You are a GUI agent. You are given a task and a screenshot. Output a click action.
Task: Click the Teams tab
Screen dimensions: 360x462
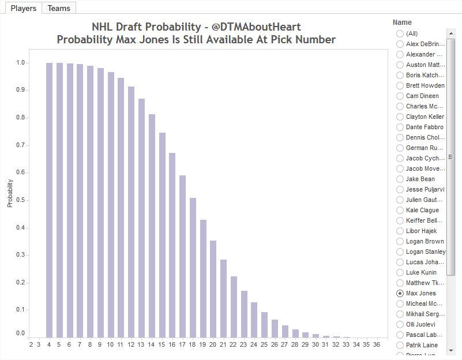click(59, 8)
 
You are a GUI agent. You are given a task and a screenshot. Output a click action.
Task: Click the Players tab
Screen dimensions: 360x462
click(23, 8)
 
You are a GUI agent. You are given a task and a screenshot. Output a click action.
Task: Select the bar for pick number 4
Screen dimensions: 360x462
click(49, 200)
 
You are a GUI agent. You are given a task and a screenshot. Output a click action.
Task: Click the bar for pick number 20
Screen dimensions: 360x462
click(213, 288)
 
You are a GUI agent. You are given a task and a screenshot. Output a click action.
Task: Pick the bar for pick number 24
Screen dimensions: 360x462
click(254, 320)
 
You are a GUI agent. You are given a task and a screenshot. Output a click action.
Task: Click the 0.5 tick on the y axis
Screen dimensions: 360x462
click(20, 200)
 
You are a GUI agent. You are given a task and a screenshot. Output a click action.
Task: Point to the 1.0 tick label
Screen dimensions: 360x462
click(20, 62)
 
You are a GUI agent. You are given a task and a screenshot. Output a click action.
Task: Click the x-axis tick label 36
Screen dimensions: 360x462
click(376, 344)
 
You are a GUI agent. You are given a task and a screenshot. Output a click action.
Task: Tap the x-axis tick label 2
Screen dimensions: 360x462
click(31, 344)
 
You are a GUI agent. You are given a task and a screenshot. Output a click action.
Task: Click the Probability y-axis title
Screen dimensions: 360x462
click(10, 194)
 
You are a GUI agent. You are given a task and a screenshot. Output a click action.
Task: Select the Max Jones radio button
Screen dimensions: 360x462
click(400, 293)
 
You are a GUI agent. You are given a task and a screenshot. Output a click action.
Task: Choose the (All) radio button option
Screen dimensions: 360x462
click(400, 33)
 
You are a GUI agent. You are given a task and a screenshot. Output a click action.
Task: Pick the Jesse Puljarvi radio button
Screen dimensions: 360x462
click(400, 189)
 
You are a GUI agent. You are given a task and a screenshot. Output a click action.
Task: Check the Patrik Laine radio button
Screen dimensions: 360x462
click(400, 345)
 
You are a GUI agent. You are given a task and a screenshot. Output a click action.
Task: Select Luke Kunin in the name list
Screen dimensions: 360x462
click(421, 272)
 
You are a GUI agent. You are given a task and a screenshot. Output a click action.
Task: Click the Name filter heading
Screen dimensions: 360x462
click(402, 22)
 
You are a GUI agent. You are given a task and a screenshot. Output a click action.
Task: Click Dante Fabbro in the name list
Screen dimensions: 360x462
click(425, 127)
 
